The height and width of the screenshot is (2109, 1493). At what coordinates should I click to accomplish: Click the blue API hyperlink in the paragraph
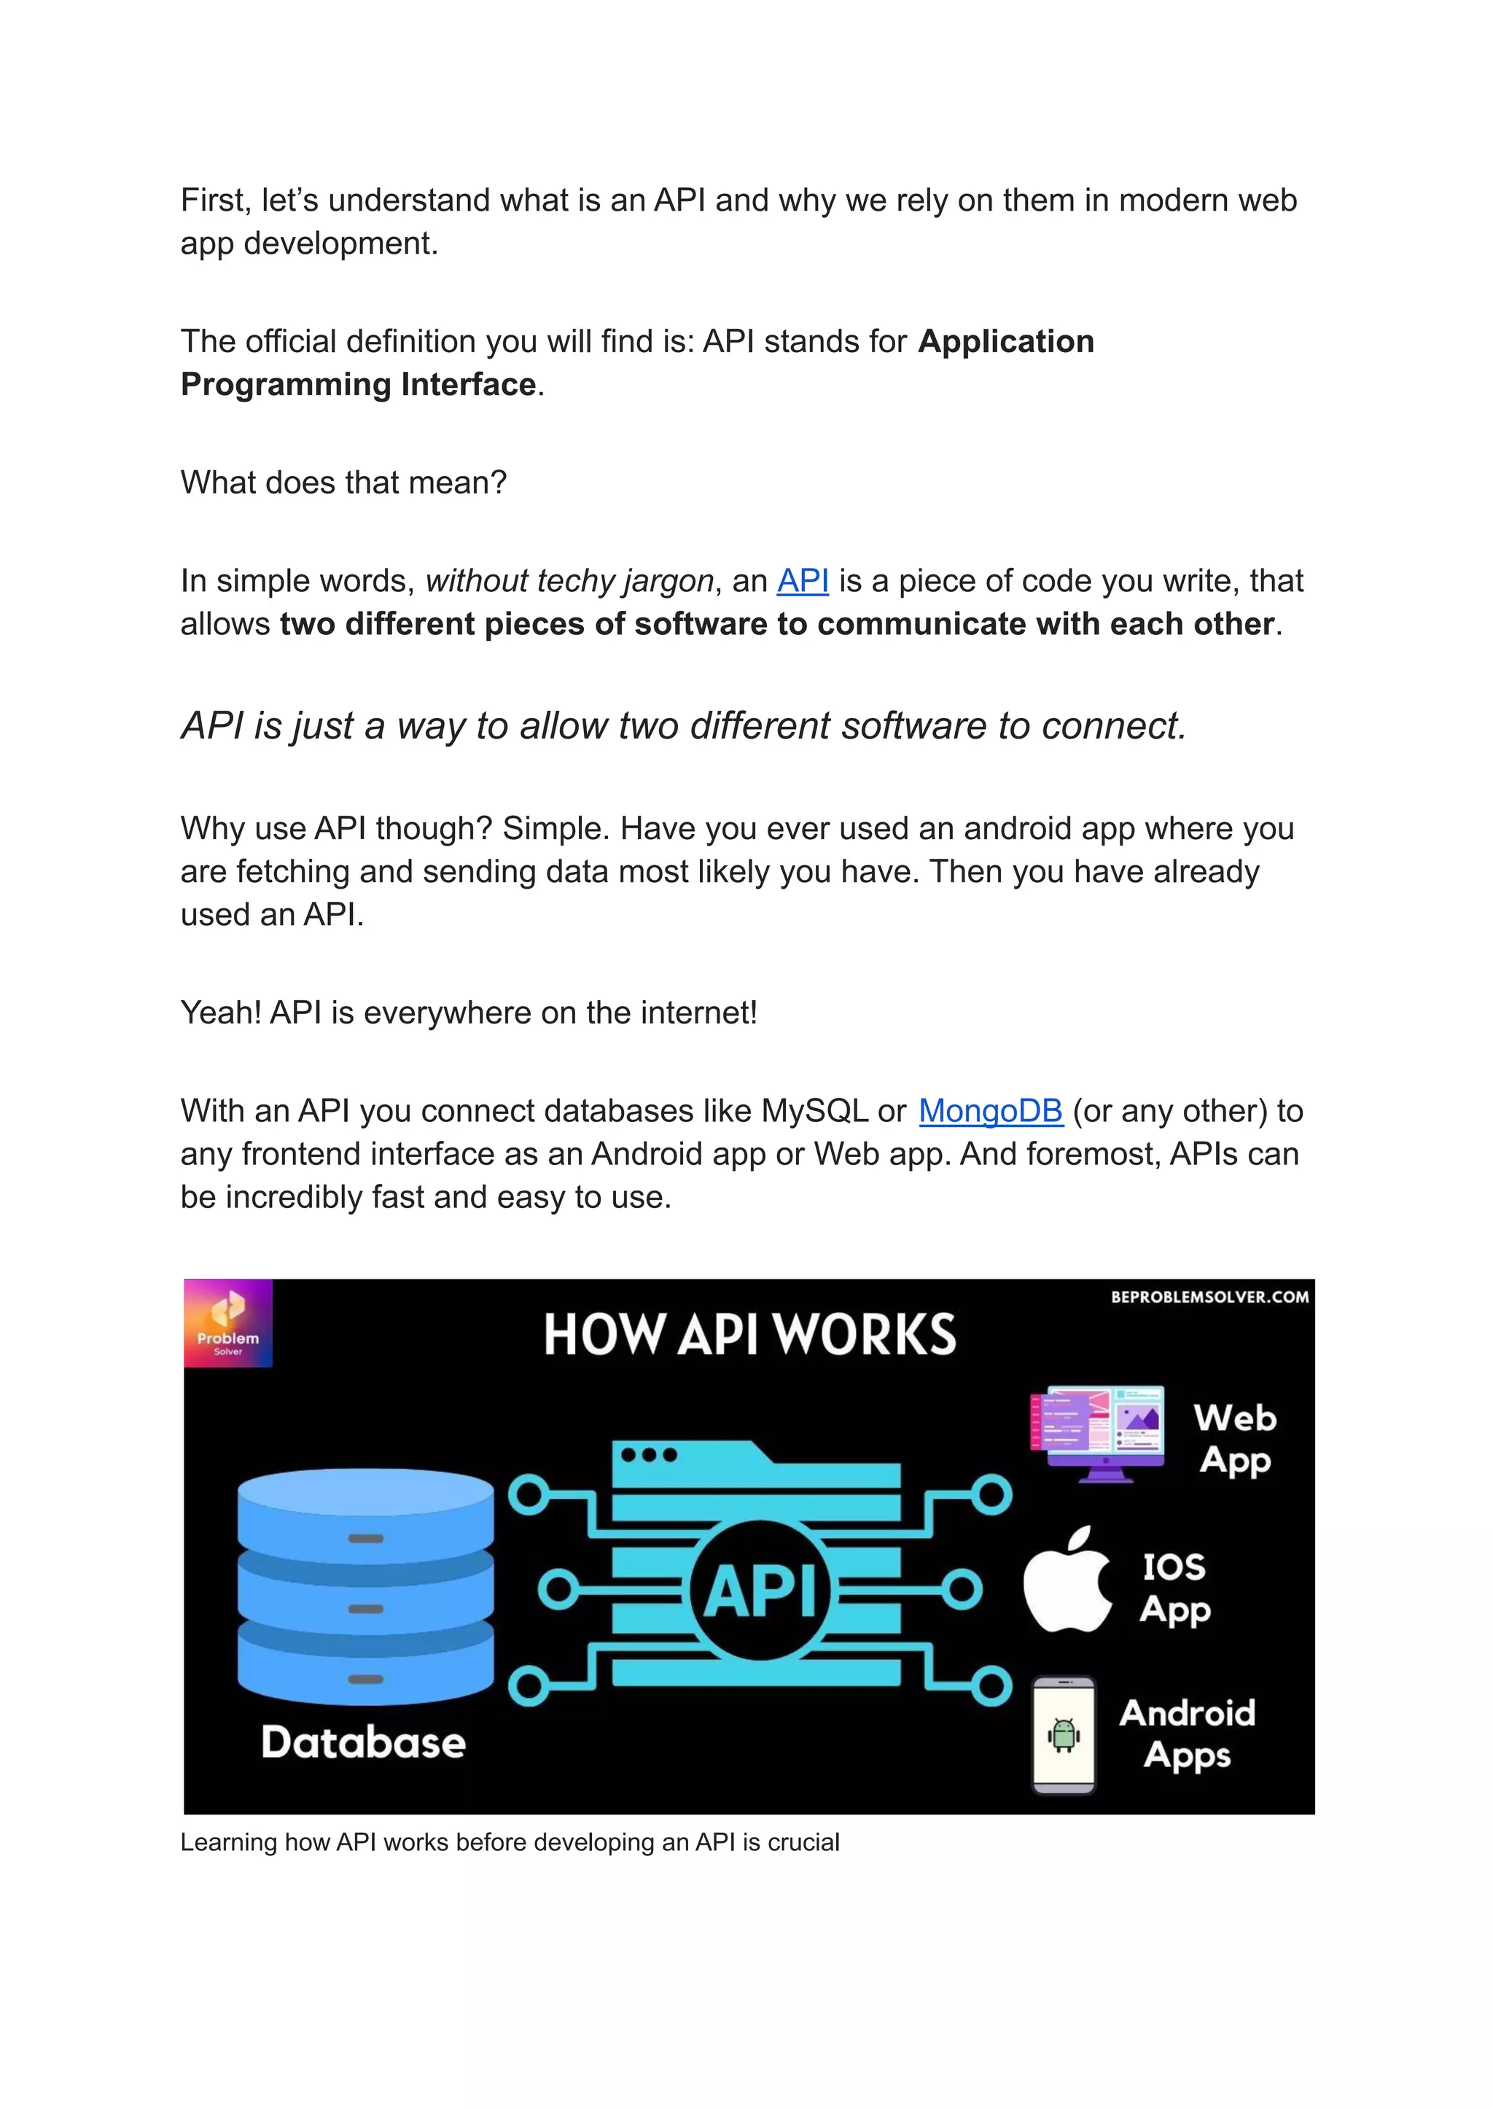(802, 581)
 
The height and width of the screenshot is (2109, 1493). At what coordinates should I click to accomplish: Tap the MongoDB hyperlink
(990, 1112)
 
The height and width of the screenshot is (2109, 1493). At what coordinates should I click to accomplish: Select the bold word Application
(1006, 341)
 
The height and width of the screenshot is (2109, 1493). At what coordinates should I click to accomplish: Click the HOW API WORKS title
(749, 1335)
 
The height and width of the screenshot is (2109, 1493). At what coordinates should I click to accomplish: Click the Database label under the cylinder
(363, 1742)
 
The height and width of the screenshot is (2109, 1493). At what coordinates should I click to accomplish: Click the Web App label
(1235, 1439)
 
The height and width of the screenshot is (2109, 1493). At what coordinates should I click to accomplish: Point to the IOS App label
(1175, 1588)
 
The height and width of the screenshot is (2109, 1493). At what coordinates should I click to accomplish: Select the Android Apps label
(1187, 1733)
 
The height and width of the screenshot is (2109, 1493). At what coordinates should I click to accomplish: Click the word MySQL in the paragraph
(814, 1112)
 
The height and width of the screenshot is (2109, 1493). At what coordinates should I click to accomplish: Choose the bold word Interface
(468, 384)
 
